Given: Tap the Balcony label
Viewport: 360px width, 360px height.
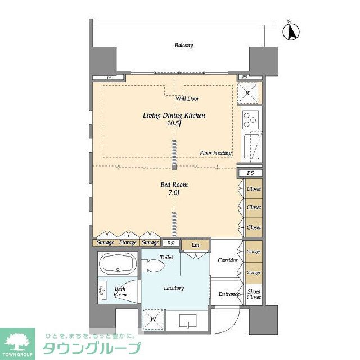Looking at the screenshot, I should pos(183,46).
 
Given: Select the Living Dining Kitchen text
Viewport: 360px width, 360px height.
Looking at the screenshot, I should pos(174,115).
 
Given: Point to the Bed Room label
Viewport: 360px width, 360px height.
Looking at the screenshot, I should pos(174,184).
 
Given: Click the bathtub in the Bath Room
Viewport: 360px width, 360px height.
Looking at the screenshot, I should pos(116,263).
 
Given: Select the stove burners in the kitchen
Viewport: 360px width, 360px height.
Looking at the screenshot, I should pos(250,119).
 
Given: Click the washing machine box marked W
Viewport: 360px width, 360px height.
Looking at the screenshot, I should pos(151,319).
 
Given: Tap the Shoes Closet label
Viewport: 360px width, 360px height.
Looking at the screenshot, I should pos(254,294).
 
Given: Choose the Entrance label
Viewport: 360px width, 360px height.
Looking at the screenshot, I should pos(229,294).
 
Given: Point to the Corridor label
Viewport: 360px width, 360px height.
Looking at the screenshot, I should pos(227,260).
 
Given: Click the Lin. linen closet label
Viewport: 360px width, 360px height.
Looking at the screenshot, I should pos(196,245).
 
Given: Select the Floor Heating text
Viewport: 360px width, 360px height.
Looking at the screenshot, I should pos(216,153).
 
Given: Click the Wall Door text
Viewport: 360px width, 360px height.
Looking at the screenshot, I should pos(187,98).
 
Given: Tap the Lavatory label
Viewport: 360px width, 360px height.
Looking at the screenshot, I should pos(174,288).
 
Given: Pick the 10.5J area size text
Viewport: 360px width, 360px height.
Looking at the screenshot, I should pos(174,124).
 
